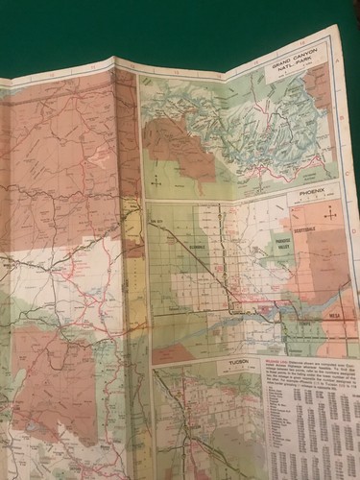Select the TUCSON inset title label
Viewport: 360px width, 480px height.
[239, 363]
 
